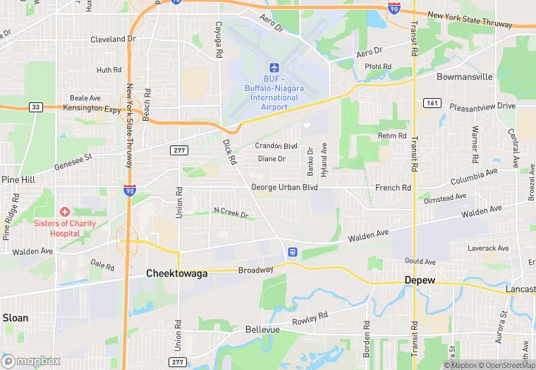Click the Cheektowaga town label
coord(176,273)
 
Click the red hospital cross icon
coord(65,212)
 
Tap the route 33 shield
coord(35,107)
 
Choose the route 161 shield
coord(432,103)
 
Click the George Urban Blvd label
coord(284,188)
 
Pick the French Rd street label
coord(393,189)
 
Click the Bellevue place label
coord(262,330)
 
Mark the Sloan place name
coord(16,318)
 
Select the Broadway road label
coord(255,270)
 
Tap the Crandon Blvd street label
coord(276,146)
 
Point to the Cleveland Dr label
coord(113,40)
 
